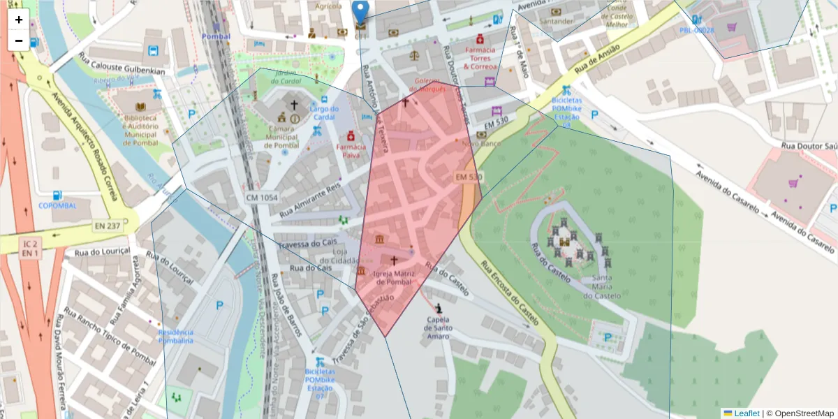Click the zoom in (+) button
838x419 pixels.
[19, 20]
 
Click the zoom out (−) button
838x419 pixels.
[19, 41]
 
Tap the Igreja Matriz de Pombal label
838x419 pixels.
[395, 277]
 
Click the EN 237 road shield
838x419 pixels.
[108, 226]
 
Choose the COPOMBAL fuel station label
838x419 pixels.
[57, 205]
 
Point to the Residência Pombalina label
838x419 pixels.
[176, 336]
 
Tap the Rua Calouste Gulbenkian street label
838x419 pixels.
[121, 71]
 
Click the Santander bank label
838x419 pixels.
[556, 21]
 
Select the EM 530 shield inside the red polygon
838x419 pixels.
[469, 177]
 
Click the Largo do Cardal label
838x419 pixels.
[323, 112]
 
